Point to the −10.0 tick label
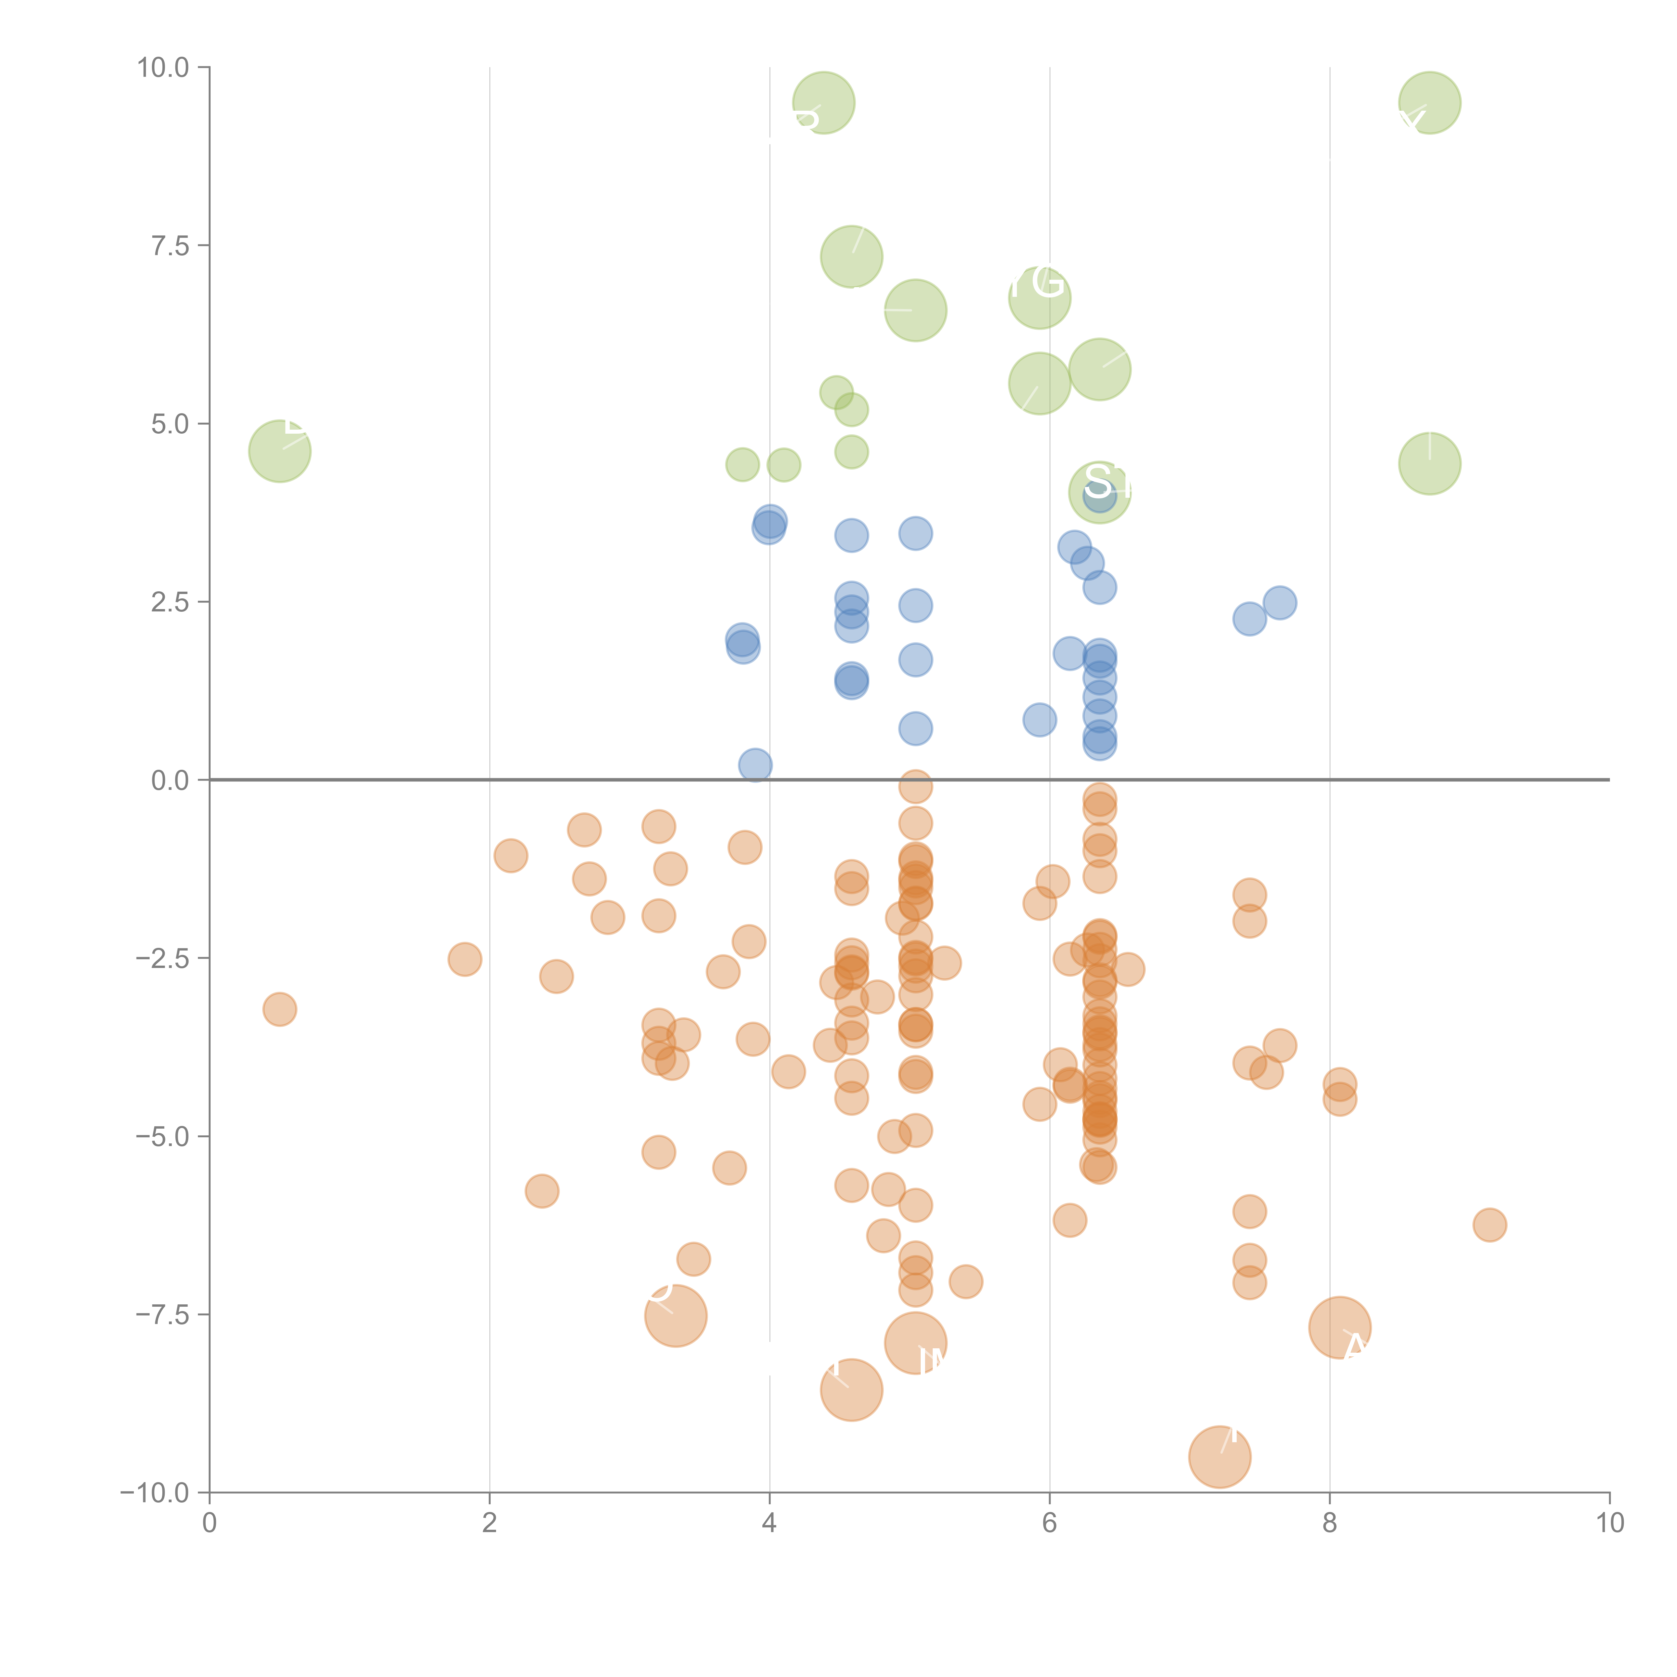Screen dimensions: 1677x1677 tap(155, 1493)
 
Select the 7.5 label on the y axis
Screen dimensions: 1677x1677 tap(170, 246)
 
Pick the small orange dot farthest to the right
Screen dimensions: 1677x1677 tap(1490, 1225)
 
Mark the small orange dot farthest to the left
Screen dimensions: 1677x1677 tap(279, 1010)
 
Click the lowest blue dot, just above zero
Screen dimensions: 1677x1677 tap(755, 765)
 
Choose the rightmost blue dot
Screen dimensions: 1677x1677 tap(1280, 602)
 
